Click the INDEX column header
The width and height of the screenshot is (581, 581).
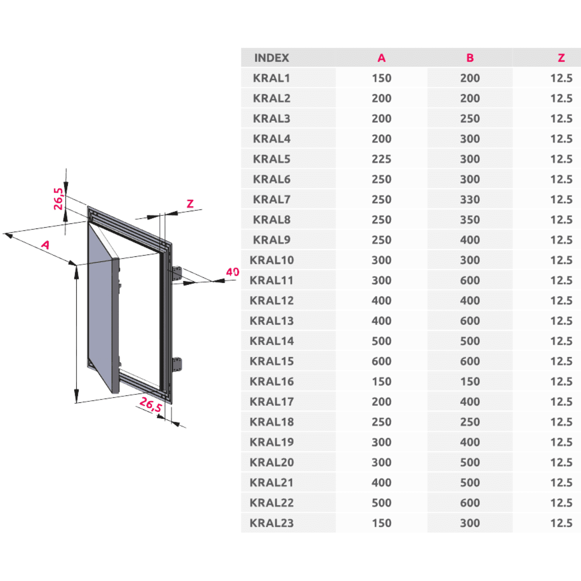tap(272, 58)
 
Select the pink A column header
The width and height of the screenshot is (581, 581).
tap(382, 58)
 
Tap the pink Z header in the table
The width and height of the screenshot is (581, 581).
tap(561, 58)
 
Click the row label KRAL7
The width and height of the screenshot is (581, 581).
tap(272, 199)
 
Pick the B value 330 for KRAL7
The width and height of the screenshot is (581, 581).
tap(470, 199)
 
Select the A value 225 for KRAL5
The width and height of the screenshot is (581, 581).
tap(382, 159)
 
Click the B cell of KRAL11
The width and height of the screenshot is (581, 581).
tap(470, 280)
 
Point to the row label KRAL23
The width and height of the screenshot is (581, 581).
tap(272, 523)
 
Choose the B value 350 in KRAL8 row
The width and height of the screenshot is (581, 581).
tap(470, 220)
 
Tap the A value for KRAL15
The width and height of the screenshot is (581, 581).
tap(382, 361)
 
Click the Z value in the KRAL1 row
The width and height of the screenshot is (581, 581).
tap(561, 78)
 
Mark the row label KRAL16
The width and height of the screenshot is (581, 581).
tap(272, 382)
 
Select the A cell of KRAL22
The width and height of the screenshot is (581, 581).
tap(382, 503)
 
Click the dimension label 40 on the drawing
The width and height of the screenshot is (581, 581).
tap(232, 272)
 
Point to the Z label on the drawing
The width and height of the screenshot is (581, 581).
tap(190, 204)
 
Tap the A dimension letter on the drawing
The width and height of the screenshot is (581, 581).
tap(46, 245)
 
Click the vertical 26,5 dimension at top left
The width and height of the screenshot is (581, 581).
tap(58, 199)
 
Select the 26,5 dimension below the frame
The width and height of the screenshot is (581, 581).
tap(151, 404)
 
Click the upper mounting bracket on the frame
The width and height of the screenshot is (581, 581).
tap(177, 274)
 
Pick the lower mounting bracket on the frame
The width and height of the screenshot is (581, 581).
tap(177, 364)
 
